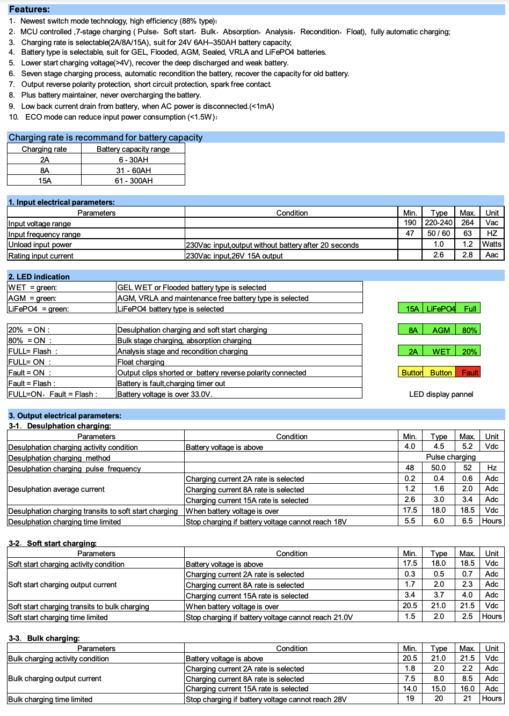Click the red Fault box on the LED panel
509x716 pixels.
(x=468, y=372)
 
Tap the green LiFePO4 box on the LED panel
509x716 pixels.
(x=440, y=308)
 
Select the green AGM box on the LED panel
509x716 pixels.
(x=441, y=330)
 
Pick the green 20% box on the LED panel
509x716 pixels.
(x=469, y=351)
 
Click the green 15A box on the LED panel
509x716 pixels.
(x=412, y=308)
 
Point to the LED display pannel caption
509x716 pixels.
(x=441, y=394)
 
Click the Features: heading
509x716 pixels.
(x=30, y=9)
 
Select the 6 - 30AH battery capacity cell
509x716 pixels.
(x=133, y=160)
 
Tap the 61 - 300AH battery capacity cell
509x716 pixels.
(x=133, y=181)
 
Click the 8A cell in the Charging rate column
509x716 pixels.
(x=45, y=171)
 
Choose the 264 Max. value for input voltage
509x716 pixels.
(x=467, y=223)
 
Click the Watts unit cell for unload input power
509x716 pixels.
(x=491, y=244)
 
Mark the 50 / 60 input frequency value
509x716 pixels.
(x=439, y=233)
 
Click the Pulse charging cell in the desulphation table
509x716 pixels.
(x=450, y=457)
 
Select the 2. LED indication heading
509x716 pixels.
(x=39, y=277)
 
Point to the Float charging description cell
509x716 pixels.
(x=141, y=362)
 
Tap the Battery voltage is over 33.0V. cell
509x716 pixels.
(x=164, y=394)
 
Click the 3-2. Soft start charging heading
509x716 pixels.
(x=53, y=543)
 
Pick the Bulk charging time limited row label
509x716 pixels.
(x=50, y=699)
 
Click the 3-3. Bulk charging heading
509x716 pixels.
(x=44, y=638)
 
